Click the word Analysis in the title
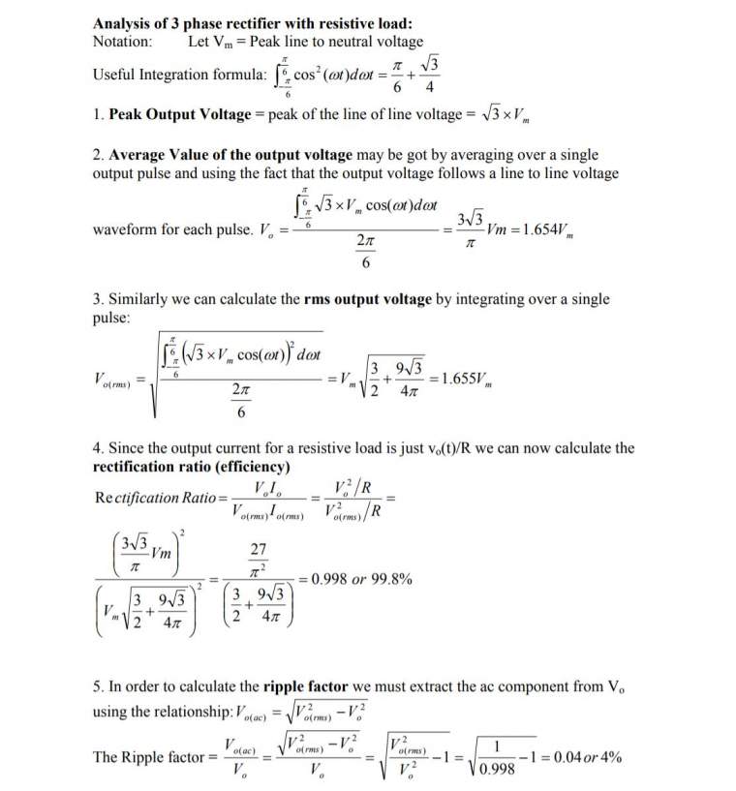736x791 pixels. pos(123,23)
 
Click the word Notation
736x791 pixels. pos(121,42)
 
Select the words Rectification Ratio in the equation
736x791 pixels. pos(161,498)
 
